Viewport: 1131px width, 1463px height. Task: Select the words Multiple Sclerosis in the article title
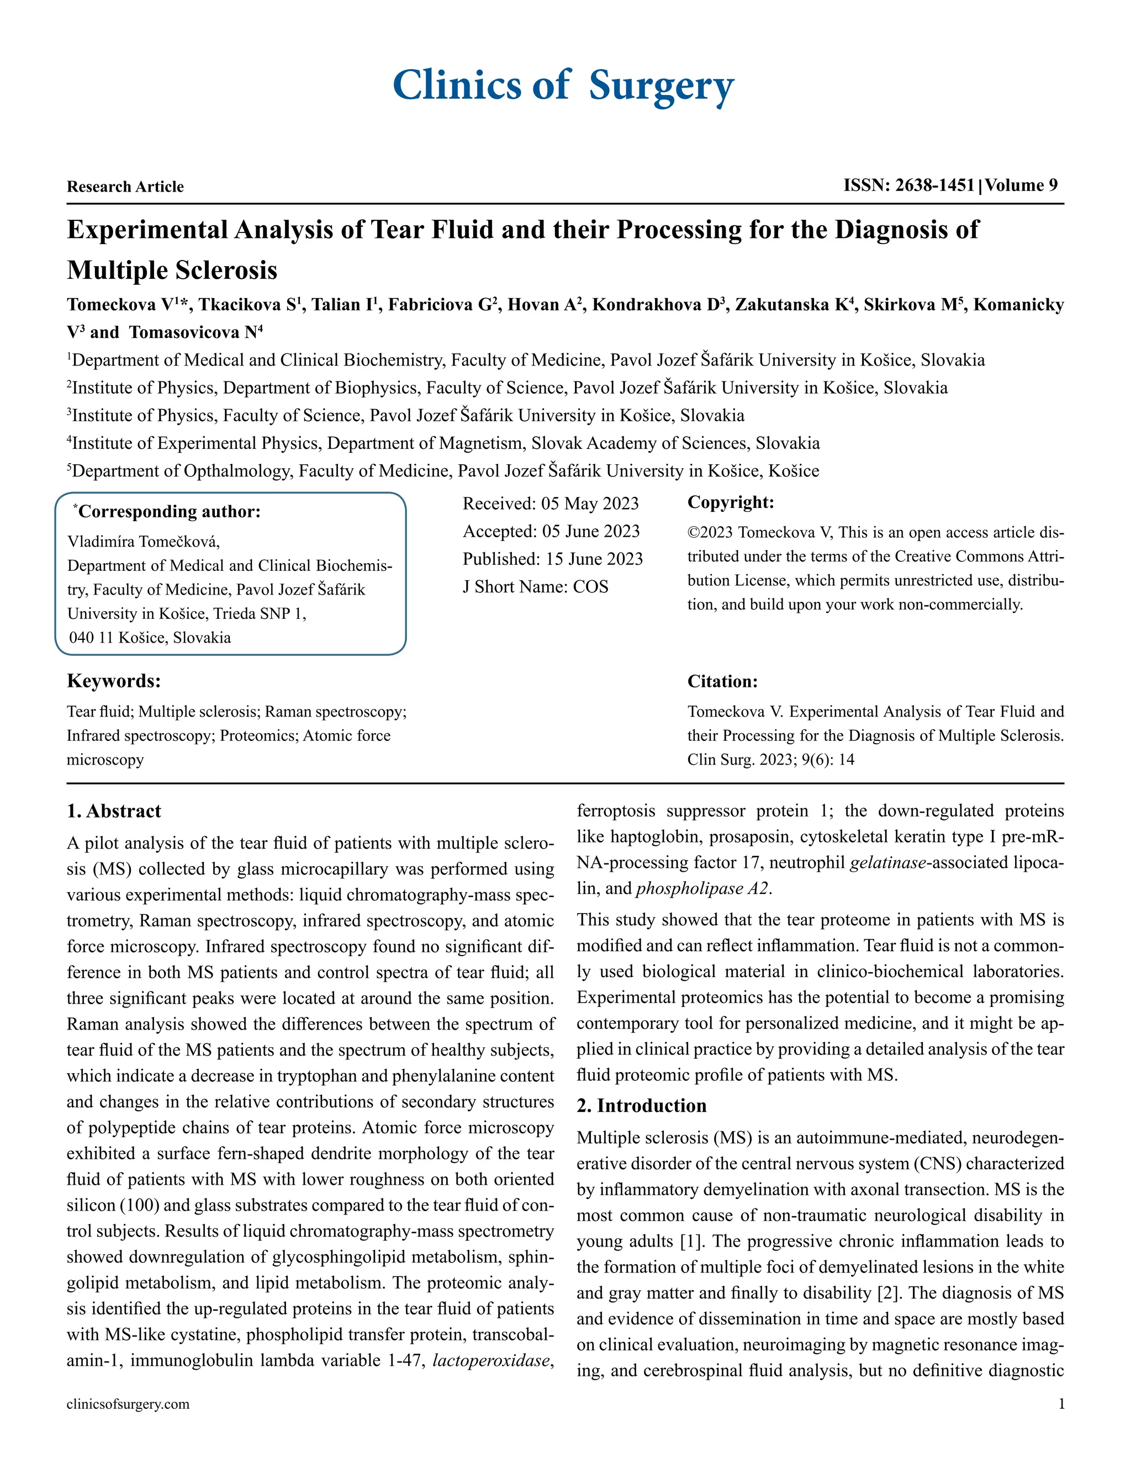point(172,271)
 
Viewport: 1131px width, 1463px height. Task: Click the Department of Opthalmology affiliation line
point(442,471)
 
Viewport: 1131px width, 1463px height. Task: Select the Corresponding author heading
point(167,512)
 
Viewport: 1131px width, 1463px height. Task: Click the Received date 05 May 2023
point(550,503)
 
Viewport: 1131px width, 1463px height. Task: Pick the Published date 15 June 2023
point(552,559)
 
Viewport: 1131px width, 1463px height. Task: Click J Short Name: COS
point(535,587)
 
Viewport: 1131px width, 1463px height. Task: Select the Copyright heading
point(730,502)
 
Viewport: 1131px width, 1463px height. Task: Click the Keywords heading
point(113,681)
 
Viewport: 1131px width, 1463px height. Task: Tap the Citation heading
point(722,682)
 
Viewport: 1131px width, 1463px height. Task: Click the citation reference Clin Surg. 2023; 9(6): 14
point(770,760)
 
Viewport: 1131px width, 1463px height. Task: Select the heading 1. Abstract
point(114,811)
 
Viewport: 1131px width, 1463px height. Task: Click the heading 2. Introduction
point(641,1106)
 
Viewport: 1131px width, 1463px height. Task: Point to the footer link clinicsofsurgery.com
point(128,1404)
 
